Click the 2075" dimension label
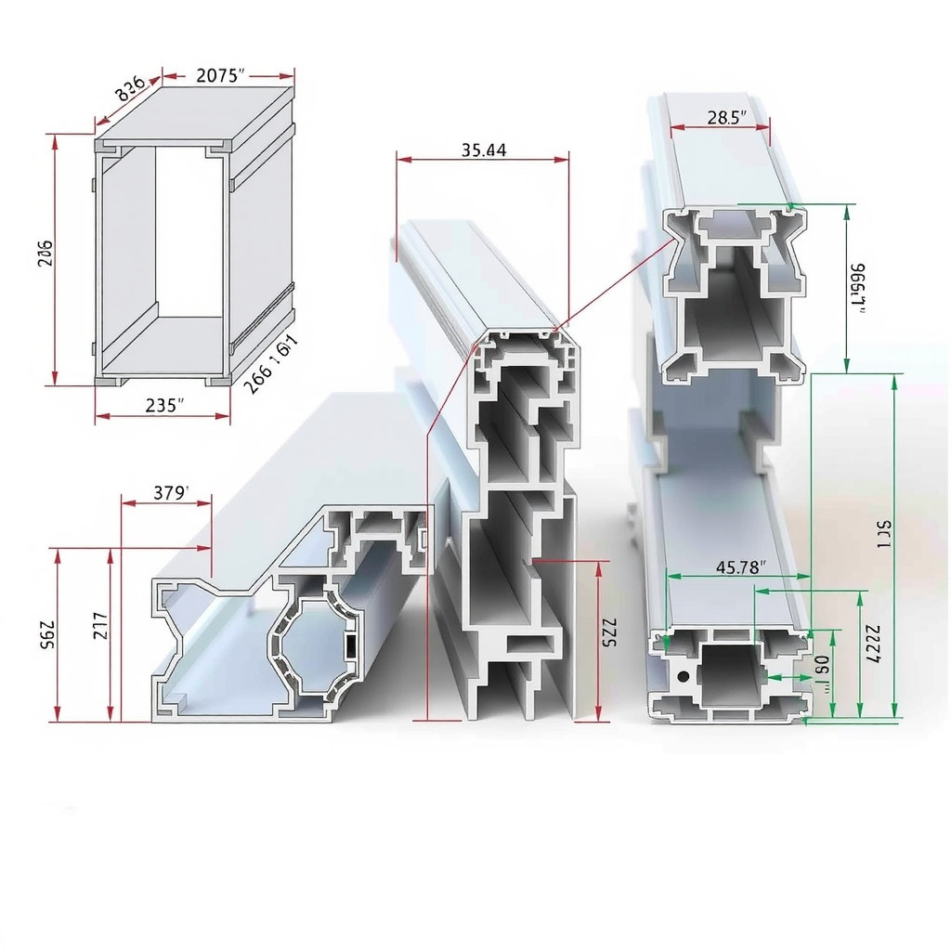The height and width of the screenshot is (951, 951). pos(221,76)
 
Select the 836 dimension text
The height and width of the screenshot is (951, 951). pos(129,89)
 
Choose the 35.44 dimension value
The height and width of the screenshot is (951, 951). pos(483,150)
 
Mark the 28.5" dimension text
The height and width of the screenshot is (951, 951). pos(727,117)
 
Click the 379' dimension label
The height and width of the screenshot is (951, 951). pos(170,493)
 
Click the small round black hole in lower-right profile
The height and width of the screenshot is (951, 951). pos(684,676)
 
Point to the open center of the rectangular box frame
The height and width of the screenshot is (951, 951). pos(189,232)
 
